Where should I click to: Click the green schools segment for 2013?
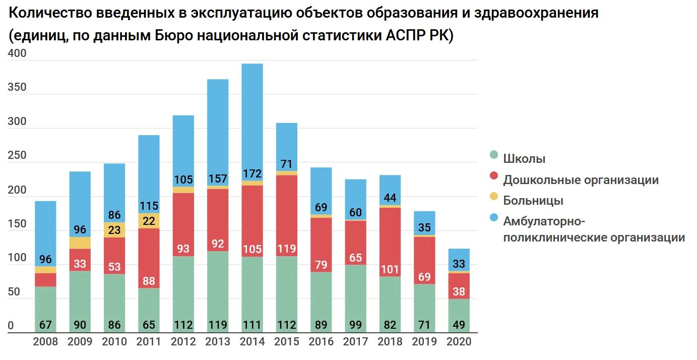[x=217, y=287]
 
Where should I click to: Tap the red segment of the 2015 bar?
[x=286, y=212]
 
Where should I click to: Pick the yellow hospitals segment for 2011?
[x=149, y=221]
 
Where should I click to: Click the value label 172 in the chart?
[x=252, y=174]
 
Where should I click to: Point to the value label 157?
[x=217, y=179]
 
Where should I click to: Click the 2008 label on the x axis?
[x=45, y=342]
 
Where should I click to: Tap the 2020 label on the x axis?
[x=459, y=342]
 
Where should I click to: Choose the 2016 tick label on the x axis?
[x=321, y=342]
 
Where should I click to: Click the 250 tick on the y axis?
[x=17, y=156]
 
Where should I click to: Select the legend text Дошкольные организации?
[x=581, y=180]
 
